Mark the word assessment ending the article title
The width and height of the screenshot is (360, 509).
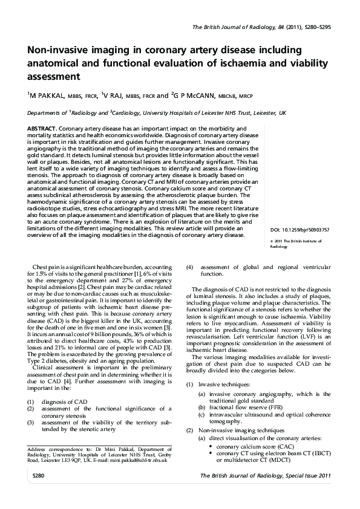54,77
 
